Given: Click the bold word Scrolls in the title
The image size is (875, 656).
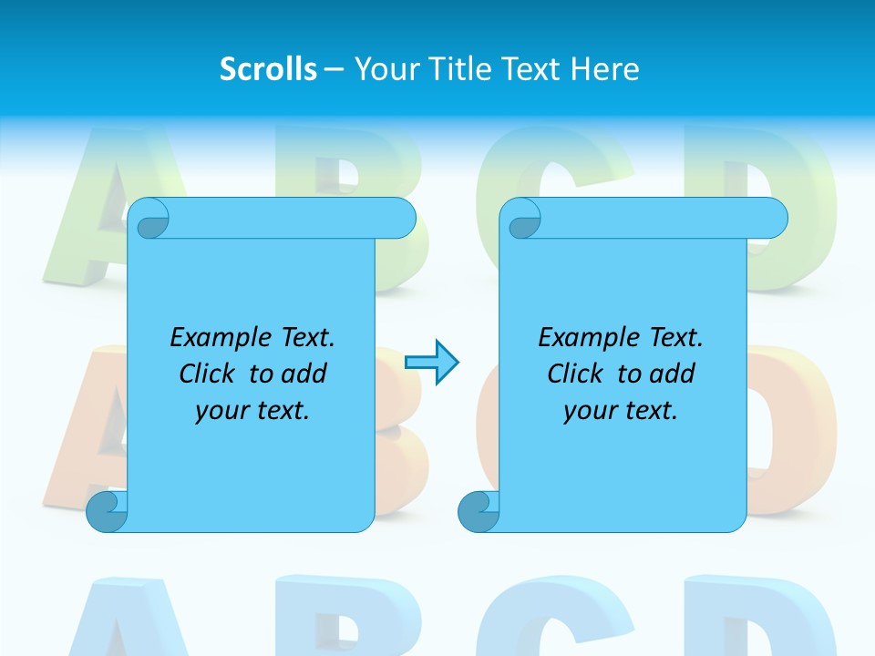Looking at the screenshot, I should (x=268, y=69).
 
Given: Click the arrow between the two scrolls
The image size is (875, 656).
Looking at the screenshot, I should (x=431, y=363).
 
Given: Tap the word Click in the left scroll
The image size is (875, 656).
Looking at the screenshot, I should (x=210, y=374).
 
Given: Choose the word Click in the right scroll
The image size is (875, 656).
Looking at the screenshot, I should (x=578, y=374).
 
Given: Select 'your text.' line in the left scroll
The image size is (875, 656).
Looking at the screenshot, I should (x=252, y=411).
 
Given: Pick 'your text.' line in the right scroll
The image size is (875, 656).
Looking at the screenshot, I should (x=621, y=411).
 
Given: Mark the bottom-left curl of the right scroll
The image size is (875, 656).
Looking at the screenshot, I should (x=478, y=510).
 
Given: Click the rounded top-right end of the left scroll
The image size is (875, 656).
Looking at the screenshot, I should (x=399, y=219).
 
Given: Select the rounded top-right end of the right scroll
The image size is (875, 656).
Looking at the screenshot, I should (x=771, y=219).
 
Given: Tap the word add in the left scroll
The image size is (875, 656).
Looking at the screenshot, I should (x=304, y=374).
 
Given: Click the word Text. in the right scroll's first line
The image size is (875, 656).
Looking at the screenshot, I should (x=675, y=338).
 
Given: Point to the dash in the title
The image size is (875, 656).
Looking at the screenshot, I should (x=333, y=69).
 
